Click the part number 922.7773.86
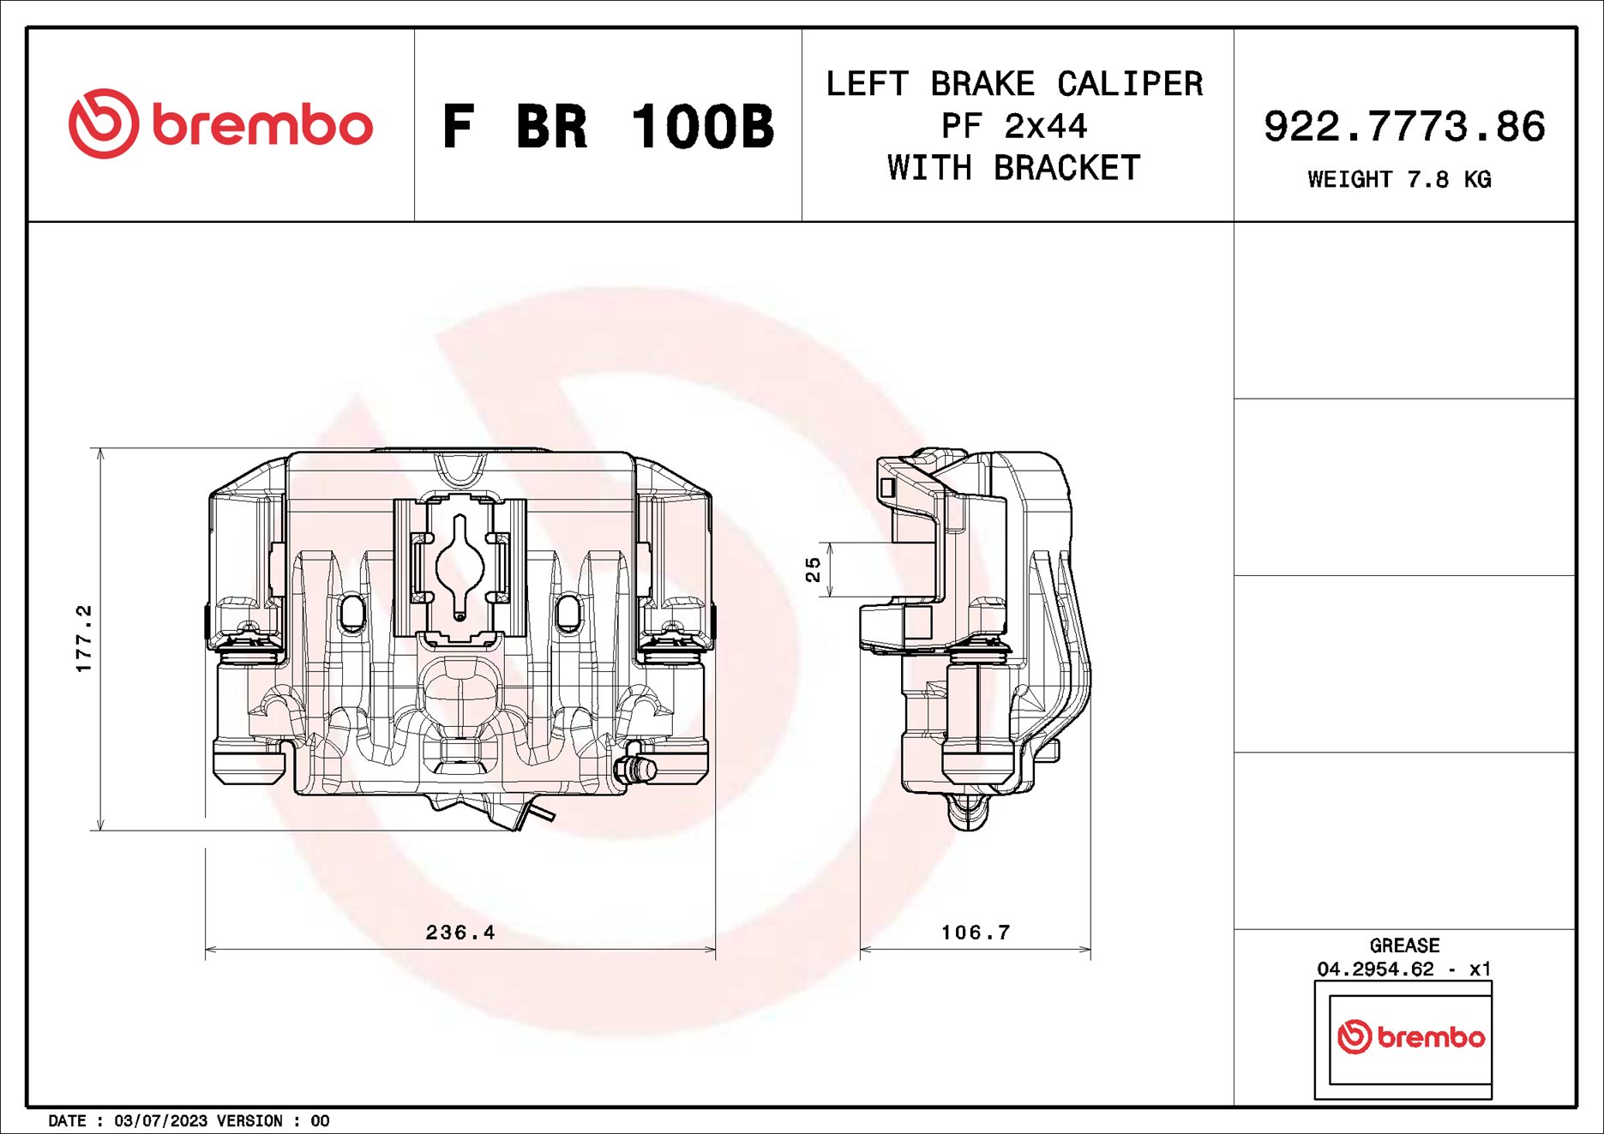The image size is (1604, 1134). [1403, 127]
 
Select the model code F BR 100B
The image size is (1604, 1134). [607, 127]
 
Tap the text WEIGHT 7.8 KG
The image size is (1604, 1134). [1398, 180]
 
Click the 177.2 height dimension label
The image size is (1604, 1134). [83, 639]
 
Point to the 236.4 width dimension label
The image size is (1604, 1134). [460, 933]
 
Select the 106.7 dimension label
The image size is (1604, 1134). [976, 933]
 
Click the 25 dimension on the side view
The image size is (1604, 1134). [813, 569]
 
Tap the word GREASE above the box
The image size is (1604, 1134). [1404, 945]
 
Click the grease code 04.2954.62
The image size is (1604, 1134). [1375, 969]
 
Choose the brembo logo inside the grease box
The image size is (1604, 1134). [1410, 1037]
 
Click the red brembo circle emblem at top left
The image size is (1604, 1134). [103, 123]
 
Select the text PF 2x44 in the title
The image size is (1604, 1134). [1014, 127]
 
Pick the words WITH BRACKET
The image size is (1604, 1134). [1014, 168]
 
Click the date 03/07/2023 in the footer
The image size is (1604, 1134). [160, 1121]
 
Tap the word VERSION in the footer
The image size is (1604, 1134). [249, 1121]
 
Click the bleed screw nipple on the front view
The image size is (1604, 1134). [636, 767]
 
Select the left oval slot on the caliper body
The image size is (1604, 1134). [352, 612]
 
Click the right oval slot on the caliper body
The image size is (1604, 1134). [568, 612]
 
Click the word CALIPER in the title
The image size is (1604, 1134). [1129, 84]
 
